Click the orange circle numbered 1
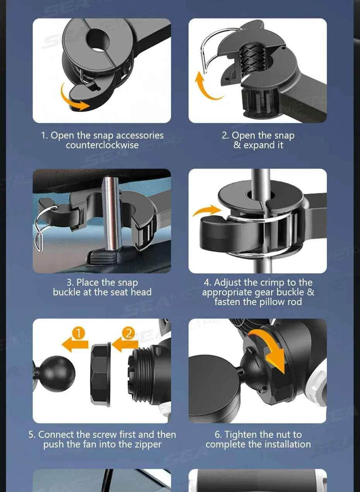pyautogui.click(x=78, y=333)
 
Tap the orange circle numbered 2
pyautogui.click(x=128, y=333)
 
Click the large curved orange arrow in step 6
pyautogui.click(x=270, y=348)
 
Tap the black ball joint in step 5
pyautogui.click(x=56, y=373)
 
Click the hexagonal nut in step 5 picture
pyautogui.click(x=100, y=374)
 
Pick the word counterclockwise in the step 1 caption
pyautogui.click(x=102, y=145)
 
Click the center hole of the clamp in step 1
pyautogui.click(x=97, y=40)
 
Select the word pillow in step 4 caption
pyautogui.click(x=267, y=302)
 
